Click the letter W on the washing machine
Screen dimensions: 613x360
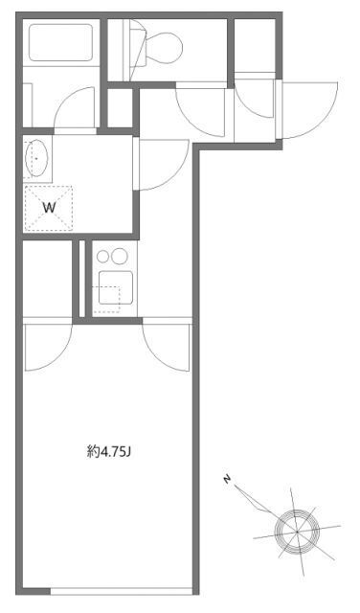click(x=47, y=205)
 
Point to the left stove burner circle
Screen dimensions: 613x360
click(x=103, y=257)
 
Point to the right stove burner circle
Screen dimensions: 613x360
click(x=121, y=257)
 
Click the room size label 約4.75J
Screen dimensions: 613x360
click(x=108, y=449)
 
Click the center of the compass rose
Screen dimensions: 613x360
click(x=295, y=527)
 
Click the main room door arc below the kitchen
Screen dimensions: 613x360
click(x=165, y=347)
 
